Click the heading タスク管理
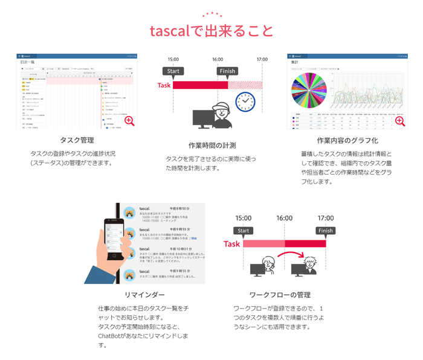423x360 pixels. click(77, 141)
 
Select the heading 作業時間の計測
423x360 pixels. click(211, 146)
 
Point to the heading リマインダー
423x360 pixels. click(144, 295)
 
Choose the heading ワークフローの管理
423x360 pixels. click(280, 295)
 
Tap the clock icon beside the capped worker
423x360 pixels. click(245, 101)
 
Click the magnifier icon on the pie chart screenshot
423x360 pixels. click(399, 121)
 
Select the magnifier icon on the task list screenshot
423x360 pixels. click(129, 121)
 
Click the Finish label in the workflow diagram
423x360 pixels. click(325, 230)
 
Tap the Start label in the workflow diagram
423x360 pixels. click(244, 230)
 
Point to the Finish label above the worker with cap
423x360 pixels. click(227, 71)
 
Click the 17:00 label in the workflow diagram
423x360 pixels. click(325, 217)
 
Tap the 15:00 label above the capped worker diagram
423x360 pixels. click(173, 59)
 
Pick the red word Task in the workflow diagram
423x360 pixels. click(232, 244)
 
